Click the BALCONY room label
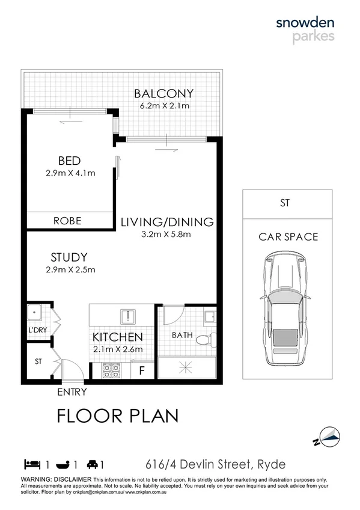[x=163, y=93]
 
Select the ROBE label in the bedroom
[x=67, y=221]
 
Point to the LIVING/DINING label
[x=166, y=222]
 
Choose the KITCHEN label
[x=117, y=337]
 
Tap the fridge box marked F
[x=142, y=370]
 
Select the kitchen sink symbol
[x=127, y=316]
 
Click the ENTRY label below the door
[x=72, y=392]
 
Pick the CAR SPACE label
[x=288, y=236]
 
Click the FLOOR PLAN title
[x=117, y=416]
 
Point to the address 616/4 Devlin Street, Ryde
[x=216, y=464]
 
